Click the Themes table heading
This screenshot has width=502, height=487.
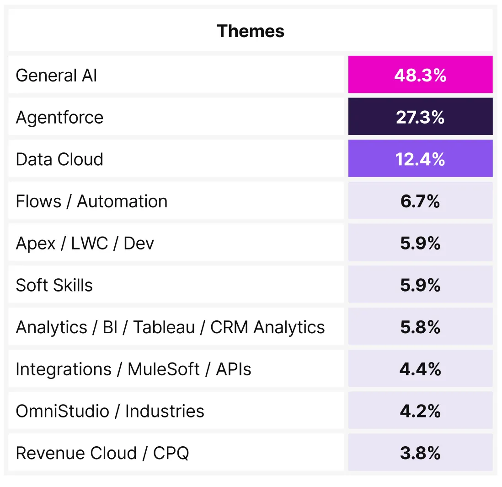click(x=251, y=31)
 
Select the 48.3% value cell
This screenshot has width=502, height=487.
click(x=420, y=75)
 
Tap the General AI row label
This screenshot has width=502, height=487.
click(x=56, y=76)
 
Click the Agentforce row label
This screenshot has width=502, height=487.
click(x=59, y=117)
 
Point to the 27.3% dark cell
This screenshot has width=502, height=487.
click(x=420, y=116)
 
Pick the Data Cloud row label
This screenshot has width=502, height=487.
click(x=59, y=159)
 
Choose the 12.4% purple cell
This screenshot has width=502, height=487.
click(x=420, y=158)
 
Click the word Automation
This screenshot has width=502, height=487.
click(x=122, y=201)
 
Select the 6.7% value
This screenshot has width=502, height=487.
click(x=420, y=201)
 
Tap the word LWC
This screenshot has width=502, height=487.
click(x=90, y=243)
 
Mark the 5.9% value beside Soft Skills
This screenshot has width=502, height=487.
click(x=420, y=285)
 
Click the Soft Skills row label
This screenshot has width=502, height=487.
click(x=54, y=285)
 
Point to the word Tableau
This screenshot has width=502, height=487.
click(x=164, y=327)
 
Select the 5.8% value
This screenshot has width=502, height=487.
click(x=420, y=327)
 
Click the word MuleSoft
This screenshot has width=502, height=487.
click(x=164, y=369)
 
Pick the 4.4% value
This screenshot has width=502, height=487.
click(x=420, y=369)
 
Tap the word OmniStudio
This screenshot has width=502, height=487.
click(x=63, y=411)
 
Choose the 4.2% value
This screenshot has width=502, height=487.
click(x=420, y=411)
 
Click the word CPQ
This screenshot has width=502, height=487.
click(x=171, y=453)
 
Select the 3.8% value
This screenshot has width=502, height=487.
click(x=420, y=453)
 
